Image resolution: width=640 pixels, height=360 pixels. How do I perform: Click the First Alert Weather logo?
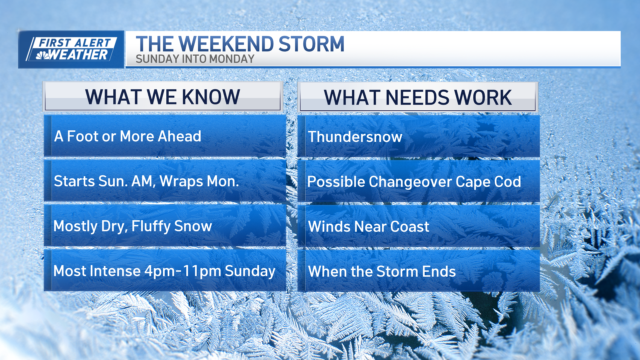tap(71, 49)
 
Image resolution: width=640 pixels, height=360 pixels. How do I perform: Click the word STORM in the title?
tap(311, 44)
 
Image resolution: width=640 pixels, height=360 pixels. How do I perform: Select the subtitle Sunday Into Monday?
tap(195, 59)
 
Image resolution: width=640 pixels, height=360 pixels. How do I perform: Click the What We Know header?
tap(163, 97)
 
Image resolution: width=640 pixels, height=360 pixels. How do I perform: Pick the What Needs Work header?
tap(418, 97)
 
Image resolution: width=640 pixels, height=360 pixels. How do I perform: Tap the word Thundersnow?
tap(355, 137)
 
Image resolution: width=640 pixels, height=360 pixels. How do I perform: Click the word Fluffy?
tap(151, 226)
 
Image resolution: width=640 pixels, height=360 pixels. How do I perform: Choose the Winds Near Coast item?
tap(369, 227)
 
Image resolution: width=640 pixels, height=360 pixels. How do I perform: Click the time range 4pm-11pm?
tap(183, 271)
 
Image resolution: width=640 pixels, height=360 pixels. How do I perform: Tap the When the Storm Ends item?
tap(382, 271)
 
